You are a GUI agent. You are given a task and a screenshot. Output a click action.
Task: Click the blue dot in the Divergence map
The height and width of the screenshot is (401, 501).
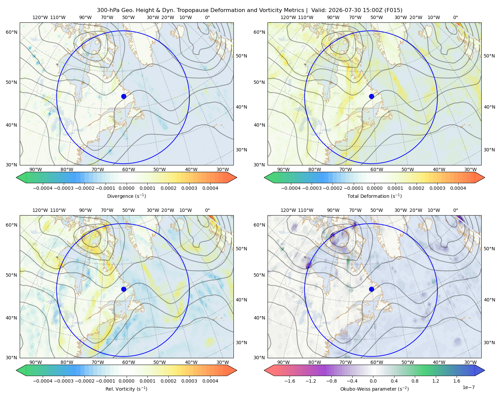pos(124,96)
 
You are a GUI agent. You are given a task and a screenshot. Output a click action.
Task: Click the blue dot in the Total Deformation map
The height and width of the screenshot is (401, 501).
pos(371,96)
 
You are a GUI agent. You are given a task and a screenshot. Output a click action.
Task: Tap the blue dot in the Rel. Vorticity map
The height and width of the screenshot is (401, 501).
pos(124,289)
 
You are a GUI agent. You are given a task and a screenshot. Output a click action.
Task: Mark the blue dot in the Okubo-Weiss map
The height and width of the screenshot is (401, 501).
pos(371,289)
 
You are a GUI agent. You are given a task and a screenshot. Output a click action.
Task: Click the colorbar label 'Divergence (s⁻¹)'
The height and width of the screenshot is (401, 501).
pos(126,196)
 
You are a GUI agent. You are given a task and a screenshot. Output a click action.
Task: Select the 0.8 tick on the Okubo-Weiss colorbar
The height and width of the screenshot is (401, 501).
pos(415,381)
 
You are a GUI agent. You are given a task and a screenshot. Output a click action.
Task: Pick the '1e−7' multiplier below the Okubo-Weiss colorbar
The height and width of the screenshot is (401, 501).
pos(468,387)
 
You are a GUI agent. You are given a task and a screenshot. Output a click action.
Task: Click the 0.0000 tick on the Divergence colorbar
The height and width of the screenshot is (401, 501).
pos(126,188)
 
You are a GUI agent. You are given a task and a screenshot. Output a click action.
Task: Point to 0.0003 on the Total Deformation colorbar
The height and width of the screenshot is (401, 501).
pos(437,188)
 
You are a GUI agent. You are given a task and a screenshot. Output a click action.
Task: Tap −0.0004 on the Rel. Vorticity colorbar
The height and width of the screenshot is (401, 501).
pos(43,381)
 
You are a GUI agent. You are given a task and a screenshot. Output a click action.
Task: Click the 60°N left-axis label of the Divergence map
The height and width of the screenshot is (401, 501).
pos(11,32)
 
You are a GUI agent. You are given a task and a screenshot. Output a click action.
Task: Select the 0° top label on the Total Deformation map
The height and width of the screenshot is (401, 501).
pos(455,17)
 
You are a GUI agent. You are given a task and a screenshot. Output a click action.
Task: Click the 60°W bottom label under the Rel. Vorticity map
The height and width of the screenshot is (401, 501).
pos(129,362)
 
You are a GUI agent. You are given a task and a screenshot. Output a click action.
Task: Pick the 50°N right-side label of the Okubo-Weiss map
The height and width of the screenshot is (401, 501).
pos(489,249)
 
